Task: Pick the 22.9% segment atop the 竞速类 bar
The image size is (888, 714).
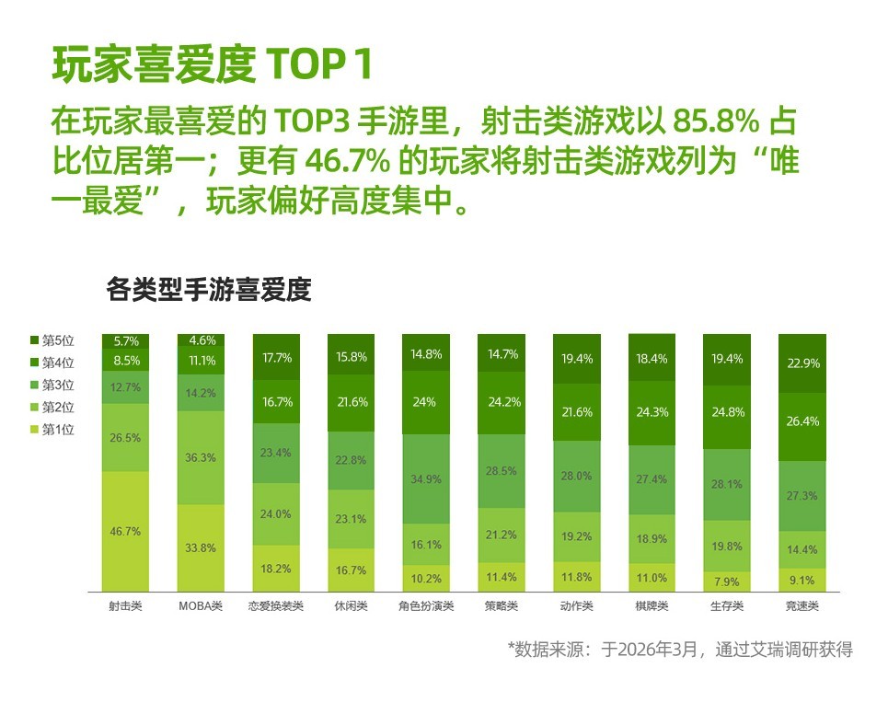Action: point(802,363)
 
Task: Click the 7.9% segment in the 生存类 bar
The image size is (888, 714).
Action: point(727,581)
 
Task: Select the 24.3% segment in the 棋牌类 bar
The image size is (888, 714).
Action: point(652,411)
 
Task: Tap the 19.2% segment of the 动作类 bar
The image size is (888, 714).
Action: point(576,534)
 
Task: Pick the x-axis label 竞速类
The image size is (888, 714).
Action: point(801,605)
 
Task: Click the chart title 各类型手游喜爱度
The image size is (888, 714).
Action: point(209,290)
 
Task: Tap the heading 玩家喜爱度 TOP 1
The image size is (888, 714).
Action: point(213,64)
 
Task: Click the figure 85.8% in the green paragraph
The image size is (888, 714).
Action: point(716,121)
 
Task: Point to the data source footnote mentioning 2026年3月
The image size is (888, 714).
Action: point(680,650)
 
